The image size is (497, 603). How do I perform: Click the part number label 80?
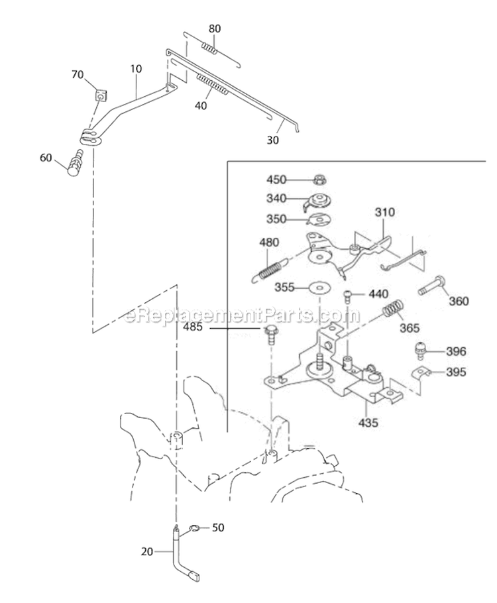215,29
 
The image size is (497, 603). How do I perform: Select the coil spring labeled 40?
212,85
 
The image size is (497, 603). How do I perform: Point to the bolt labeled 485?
270,333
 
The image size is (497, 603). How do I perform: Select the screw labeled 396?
419,351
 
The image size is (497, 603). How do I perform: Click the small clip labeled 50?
193,528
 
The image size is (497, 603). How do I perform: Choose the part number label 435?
368,422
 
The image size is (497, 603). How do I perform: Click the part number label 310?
384,212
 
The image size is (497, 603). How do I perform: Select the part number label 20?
147,551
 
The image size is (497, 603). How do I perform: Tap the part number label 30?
273,140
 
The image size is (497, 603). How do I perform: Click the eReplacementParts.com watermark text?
243,315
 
